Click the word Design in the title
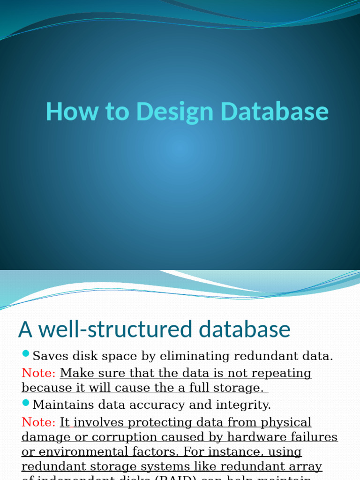point(175,112)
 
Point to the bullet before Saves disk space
point(26,353)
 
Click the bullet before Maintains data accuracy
point(26,402)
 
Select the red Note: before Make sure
point(38,373)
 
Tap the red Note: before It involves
point(38,422)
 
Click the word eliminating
point(196,356)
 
